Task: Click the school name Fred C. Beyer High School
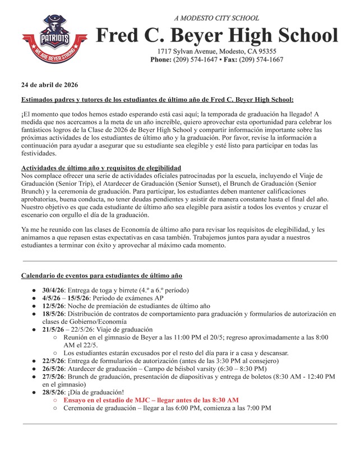tap(217, 36)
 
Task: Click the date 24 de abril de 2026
tap(49, 85)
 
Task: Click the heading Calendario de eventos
tap(101, 276)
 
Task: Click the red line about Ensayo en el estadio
tap(151, 400)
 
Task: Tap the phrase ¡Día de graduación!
tap(96, 392)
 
